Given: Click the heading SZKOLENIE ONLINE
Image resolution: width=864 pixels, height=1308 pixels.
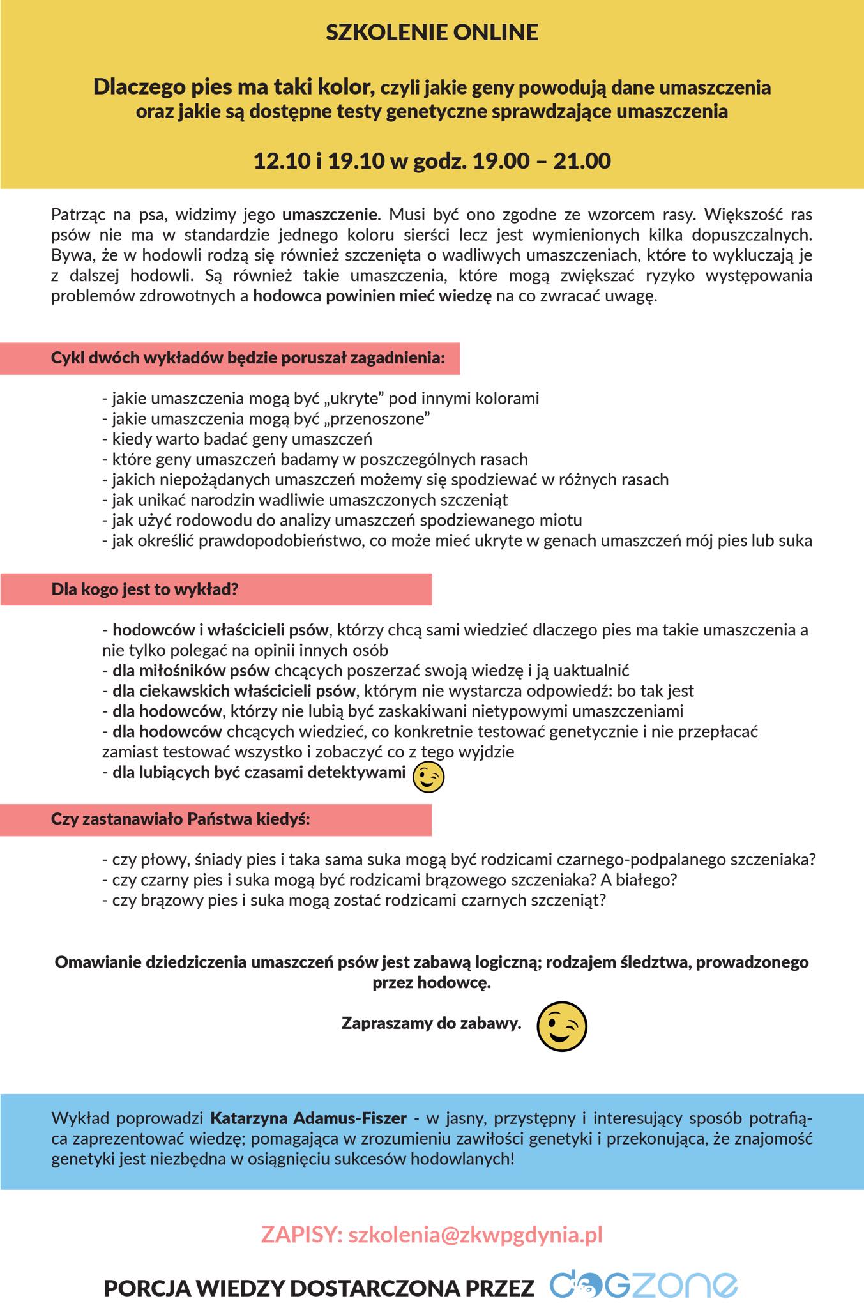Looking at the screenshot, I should click(432, 32).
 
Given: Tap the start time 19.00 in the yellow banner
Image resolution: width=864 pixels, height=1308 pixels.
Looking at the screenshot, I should click(501, 160).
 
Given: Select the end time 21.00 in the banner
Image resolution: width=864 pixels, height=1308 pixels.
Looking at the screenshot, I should click(582, 160).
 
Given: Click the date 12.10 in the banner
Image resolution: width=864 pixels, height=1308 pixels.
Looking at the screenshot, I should click(282, 160).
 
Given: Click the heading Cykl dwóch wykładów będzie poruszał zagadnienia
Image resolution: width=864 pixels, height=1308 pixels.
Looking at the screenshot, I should click(248, 358).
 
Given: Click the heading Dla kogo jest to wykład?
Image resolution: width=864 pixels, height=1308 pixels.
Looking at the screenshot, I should click(145, 589).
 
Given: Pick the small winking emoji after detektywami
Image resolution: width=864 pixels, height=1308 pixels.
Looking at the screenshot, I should click(428, 777).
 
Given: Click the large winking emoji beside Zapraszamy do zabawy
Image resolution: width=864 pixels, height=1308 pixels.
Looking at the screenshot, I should click(561, 1026).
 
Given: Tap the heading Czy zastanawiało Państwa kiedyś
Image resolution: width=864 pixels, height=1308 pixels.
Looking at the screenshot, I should click(180, 819).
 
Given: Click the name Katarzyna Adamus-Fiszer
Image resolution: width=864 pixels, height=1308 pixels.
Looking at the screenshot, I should click(308, 1118).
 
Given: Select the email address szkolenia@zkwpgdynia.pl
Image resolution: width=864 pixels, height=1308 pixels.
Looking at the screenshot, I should click(475, 1235).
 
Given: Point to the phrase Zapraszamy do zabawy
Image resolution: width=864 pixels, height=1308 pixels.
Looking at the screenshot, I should click(432, 1023).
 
